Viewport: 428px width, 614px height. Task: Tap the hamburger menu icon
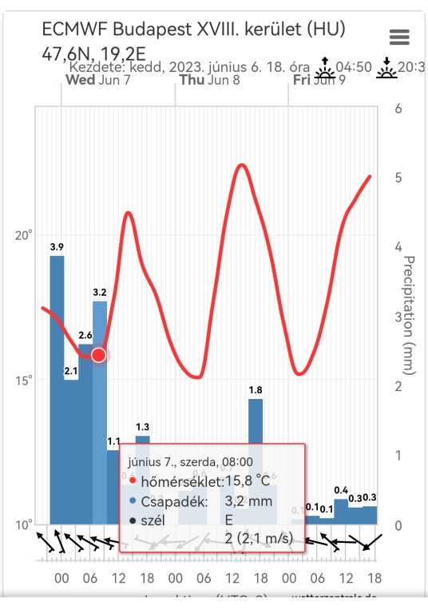pos(398,37)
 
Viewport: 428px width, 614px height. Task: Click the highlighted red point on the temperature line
pos(99,354)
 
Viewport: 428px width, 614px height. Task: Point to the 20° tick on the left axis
pos(25,235)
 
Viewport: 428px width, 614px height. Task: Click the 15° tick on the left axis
pos(25,380)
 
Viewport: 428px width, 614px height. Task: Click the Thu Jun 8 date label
pos(209,80)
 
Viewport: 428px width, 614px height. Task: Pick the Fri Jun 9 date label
pos(319,80)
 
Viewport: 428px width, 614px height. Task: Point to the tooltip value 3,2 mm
pos(249,501)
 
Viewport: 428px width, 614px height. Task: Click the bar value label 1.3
pos(143,426)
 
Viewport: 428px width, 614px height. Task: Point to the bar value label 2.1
pos(71,370)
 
